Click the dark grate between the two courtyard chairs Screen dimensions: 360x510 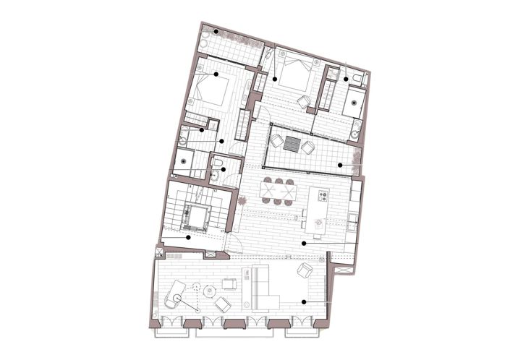(292, 142)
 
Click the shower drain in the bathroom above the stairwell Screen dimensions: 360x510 (184, 161)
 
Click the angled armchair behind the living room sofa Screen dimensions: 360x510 (305, 273)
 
